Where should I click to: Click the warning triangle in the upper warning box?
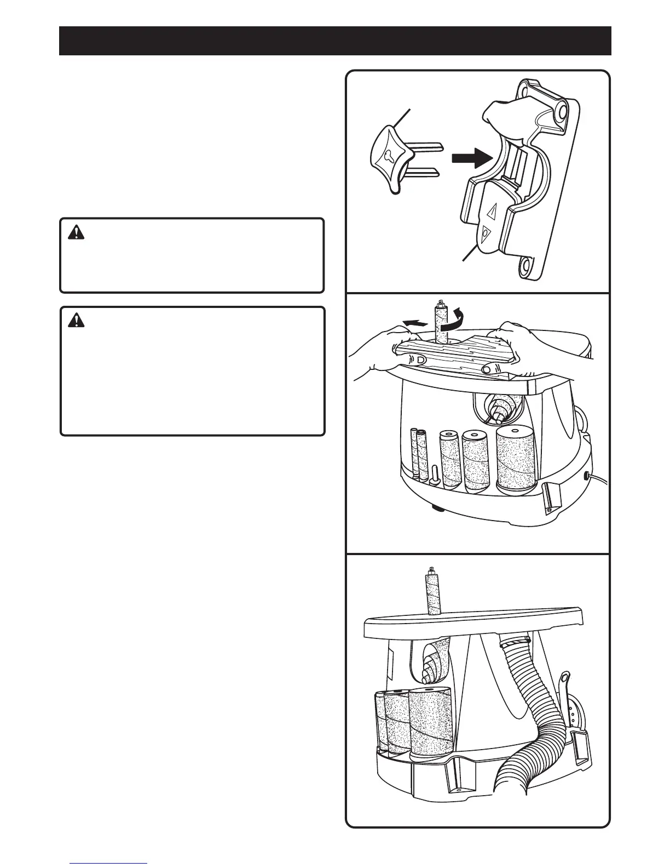(x=76, y=233)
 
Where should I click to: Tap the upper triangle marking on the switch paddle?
(x=492, y=211)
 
